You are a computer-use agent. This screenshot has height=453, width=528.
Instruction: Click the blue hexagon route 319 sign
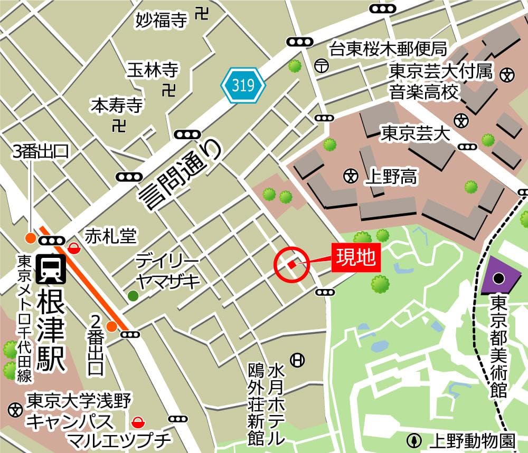(243, 85)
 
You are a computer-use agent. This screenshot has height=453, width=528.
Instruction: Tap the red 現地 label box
(356, 258)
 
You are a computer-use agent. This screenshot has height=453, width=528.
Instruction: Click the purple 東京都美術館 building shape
(499, 276)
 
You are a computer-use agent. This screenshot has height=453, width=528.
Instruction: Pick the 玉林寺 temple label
(152, 70)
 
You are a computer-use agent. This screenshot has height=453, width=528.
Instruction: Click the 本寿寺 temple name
(117, 105)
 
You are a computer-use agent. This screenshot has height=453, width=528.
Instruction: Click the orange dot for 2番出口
(111, 326)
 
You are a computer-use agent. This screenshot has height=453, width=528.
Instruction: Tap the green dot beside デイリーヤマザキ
(132, 296)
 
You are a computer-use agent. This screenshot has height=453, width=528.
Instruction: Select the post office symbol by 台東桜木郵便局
(320, 66)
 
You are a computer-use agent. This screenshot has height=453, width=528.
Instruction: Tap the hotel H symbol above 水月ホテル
(298, 360)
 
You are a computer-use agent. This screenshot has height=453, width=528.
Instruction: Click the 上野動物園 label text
(468, 440)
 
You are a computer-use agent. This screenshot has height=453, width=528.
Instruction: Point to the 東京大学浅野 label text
(79, 400)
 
